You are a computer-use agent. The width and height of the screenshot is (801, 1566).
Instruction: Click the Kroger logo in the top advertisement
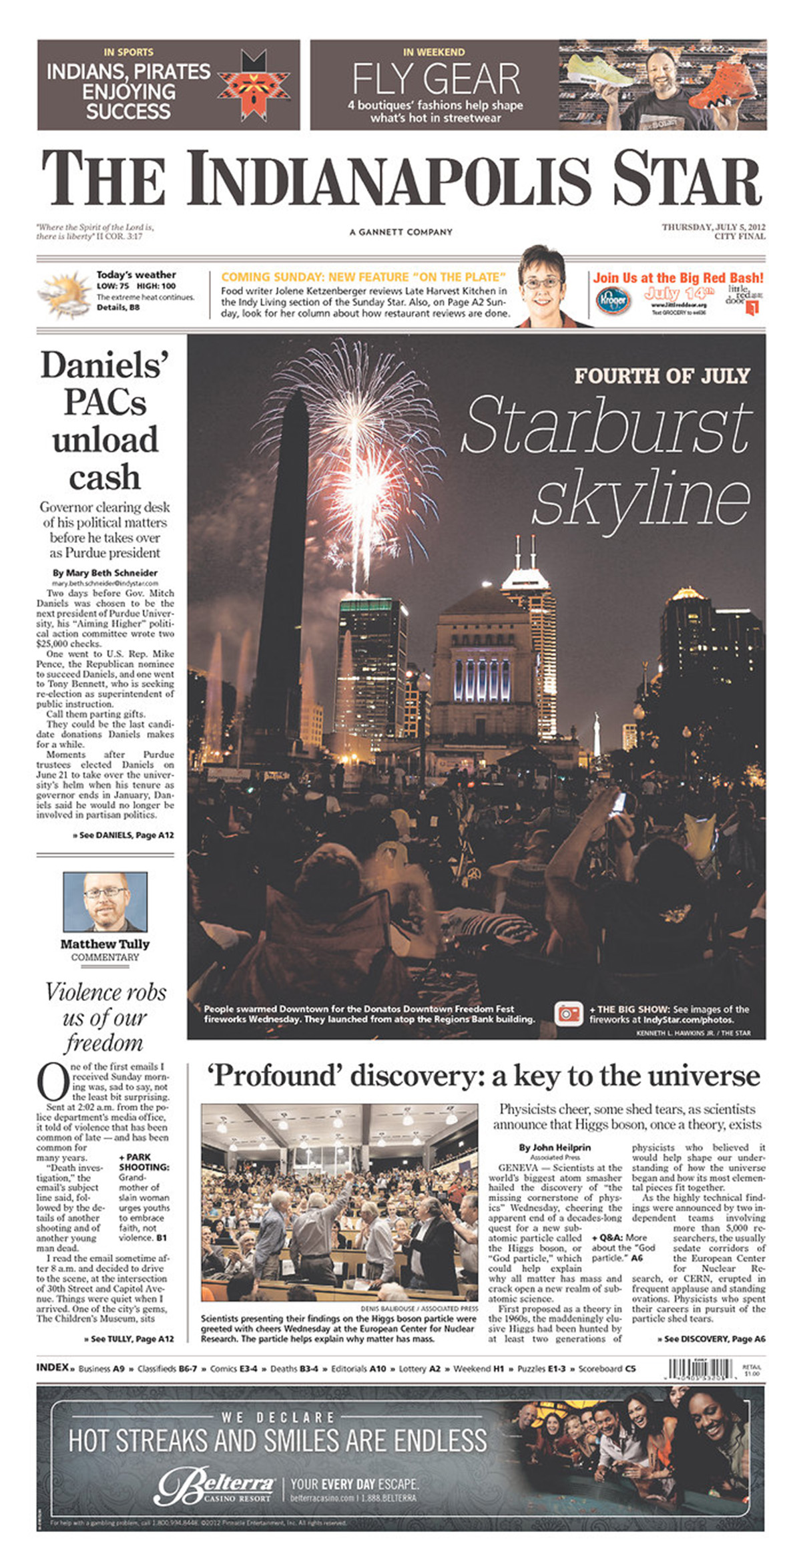tap(613, 301)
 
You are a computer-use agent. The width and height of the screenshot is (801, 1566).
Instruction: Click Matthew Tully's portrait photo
tap(105, 902)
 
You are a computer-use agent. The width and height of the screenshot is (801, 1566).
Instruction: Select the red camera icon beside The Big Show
tap(569, 1014)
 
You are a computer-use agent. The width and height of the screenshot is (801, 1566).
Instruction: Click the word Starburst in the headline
tap(606, 425)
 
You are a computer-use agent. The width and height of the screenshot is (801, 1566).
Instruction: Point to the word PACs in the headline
tap(105, 403)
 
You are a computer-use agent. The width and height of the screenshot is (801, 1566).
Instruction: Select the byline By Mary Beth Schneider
tap(105, 573)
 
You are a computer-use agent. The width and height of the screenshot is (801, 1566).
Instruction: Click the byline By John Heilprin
tap(555, 1147)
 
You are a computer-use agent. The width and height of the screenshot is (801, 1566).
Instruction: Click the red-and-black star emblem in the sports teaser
tap(254, 84)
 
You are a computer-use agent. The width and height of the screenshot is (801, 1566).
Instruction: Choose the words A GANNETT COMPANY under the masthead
tap(400, 232)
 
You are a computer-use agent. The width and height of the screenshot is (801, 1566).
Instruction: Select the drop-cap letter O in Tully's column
tap(52, 1082)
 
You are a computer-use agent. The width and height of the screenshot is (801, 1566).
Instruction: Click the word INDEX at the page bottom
tap(53, 1368)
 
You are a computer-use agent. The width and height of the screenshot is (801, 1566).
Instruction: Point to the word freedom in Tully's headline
tap(104, 1043)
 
